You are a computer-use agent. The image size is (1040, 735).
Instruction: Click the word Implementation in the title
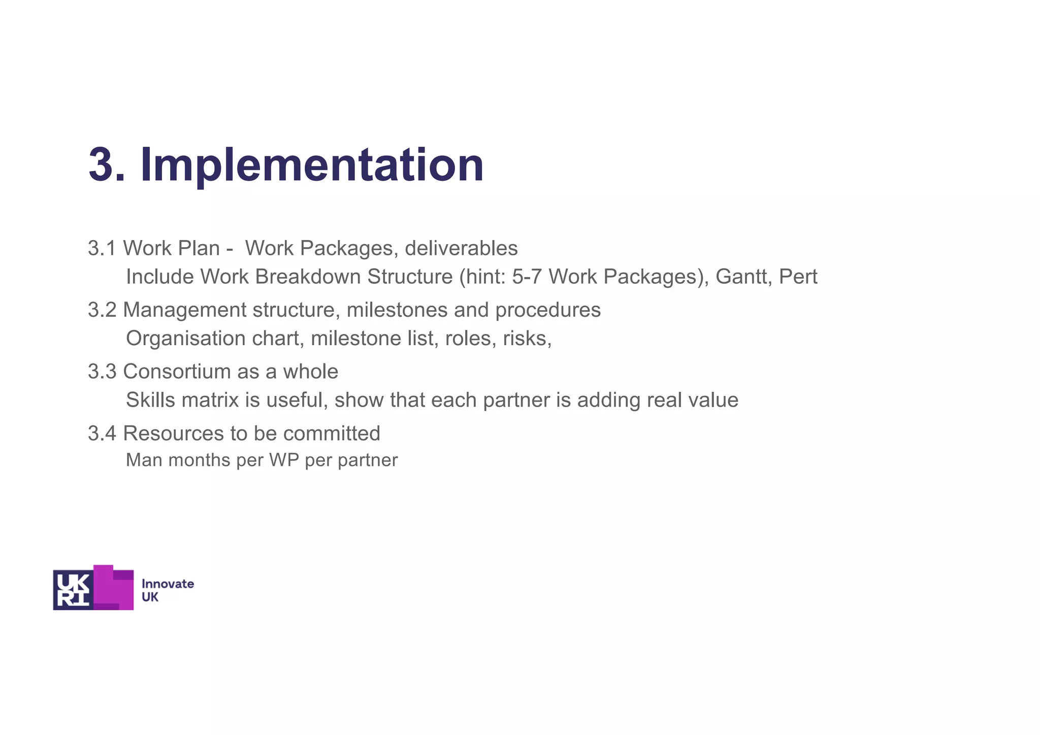pos(312,165)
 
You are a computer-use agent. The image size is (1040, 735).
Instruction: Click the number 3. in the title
pos(107,164)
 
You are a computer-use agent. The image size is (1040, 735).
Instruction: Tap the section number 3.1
pos(102,248)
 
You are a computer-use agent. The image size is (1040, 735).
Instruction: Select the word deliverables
pos(461,248)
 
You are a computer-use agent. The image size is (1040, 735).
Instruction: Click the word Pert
pos(798,277)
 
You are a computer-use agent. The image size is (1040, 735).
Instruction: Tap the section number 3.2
pos(102,310)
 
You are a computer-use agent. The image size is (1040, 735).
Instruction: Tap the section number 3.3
pos(102,372)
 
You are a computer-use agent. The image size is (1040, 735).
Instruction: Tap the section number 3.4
pos(102,433)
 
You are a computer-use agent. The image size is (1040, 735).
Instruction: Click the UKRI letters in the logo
pos(73,590)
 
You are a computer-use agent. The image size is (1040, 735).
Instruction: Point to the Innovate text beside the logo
pos(168,584)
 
